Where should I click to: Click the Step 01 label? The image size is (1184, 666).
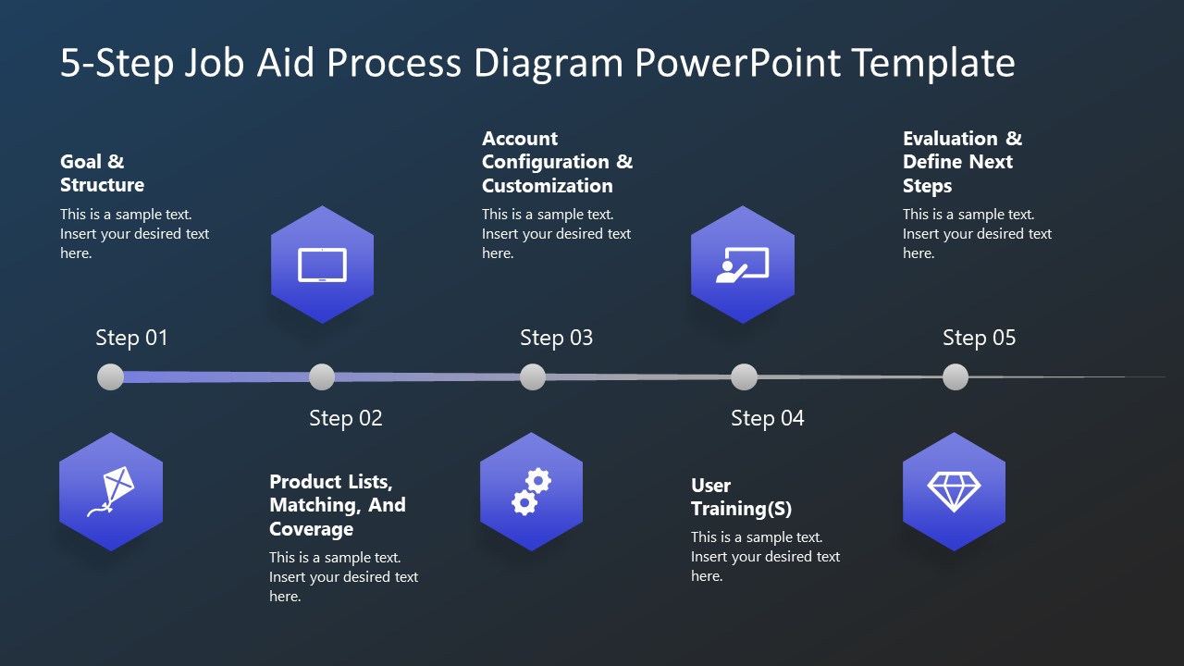pos(131,338)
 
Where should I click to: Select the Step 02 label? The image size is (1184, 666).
pos(345,418)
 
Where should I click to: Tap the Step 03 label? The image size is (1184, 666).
pos(556,338)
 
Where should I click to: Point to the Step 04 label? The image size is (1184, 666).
pos(767,418)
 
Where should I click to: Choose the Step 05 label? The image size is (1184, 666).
pos(979,338)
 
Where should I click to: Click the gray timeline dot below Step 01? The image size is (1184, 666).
pos(110,376)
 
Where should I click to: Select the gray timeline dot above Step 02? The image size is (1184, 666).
pos(322,376)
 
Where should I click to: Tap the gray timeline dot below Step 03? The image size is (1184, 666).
pos(533,376)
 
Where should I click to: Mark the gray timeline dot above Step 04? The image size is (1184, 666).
pos(744,376)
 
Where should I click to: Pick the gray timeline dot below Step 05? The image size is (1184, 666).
pos(956,376)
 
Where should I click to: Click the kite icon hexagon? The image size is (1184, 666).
pos(111,491)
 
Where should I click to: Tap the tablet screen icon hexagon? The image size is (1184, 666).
pos(322,265)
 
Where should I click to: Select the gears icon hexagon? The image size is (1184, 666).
pos(532,491)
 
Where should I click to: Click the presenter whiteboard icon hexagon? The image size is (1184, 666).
pos(743,265)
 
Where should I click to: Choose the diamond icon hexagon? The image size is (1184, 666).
pos(954,491)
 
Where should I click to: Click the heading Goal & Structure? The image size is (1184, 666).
pos(102,173)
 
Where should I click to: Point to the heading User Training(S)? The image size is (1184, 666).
pos(741,497)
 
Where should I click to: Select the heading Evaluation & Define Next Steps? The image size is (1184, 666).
pos(962,162)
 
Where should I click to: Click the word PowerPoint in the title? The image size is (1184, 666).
pos(738,63)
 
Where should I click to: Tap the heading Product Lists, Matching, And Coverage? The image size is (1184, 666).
pos(337,505)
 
